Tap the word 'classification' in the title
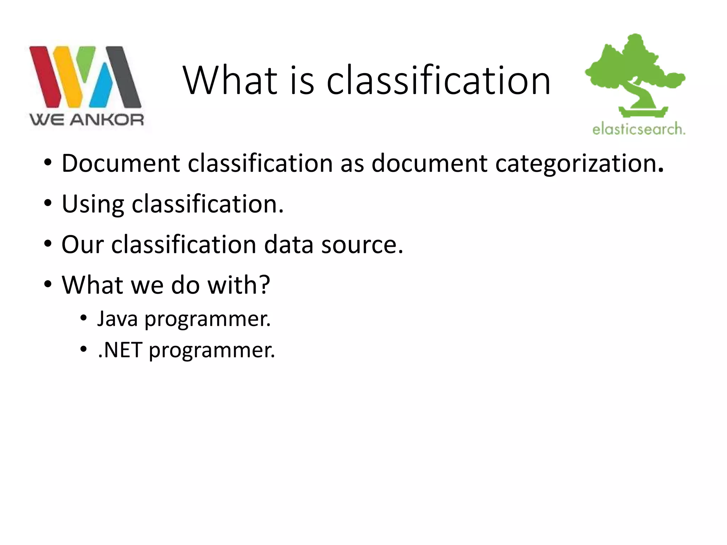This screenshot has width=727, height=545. click(438, 81)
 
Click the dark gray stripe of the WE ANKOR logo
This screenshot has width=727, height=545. click(124, 77)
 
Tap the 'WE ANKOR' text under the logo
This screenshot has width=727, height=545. click(87, 120)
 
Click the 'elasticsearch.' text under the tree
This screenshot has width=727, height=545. click(639, 129)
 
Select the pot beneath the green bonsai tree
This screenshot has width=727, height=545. click(643, 112)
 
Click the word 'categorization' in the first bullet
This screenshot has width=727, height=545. click(575, 164)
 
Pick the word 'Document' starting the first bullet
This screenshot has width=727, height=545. click(121, 164)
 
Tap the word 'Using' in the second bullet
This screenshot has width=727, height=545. click(93, 204)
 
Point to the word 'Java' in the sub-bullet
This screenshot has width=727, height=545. click(117, 319)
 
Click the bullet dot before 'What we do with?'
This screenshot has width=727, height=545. click(48, 284)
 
